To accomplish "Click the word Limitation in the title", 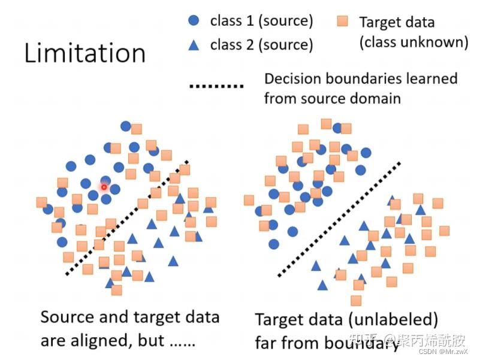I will pyautogui.click(x=84, y=53).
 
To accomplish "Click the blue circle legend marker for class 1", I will pyautogui.click(x=193, y=21).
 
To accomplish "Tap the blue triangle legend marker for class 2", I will pyautogui.click(x=193, y=44).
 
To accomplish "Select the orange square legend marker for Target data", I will pyautogui.click(x=342, y=22).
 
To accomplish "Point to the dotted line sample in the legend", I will pyautogui.click(x=216, y=87).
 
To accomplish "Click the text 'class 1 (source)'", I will pyautogui.click(x=261, y=21).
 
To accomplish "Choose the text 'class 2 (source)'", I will pyautogui.click(x=261, y=44).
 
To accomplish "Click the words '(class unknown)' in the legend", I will pyautogui.click(x=413, y=42).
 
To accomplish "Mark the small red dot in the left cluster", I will pyautogui.click(x=104, y=187).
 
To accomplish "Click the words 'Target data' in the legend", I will pyautogui.click(x=397, y=23).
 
